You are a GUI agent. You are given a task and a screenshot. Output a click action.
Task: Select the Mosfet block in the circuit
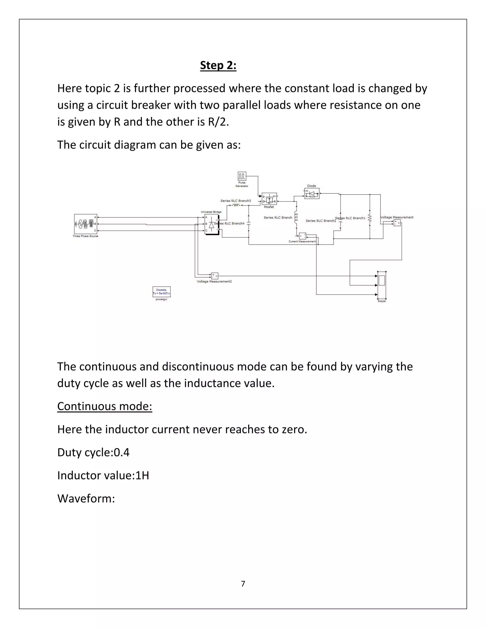point(269,199)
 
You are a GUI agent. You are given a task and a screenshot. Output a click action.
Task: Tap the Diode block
point(312,193)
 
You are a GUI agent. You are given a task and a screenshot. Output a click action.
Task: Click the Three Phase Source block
point(85,224)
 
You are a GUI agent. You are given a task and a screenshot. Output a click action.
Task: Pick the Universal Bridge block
point(211,224)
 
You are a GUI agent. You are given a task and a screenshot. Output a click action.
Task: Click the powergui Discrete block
point(162,291)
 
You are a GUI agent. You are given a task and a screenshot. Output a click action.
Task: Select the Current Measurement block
point(302,236)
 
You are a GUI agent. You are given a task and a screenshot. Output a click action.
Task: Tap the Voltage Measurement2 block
point(215,276)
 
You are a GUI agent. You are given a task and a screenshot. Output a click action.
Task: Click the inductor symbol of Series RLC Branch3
point(236,205)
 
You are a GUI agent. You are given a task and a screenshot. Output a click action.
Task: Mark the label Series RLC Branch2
point(321,221)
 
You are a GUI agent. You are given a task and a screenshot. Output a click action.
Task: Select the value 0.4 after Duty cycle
point(122,452)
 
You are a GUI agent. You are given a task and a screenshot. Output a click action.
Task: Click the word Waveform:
point(86,498)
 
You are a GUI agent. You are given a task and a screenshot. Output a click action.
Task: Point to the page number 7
point(243,583)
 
